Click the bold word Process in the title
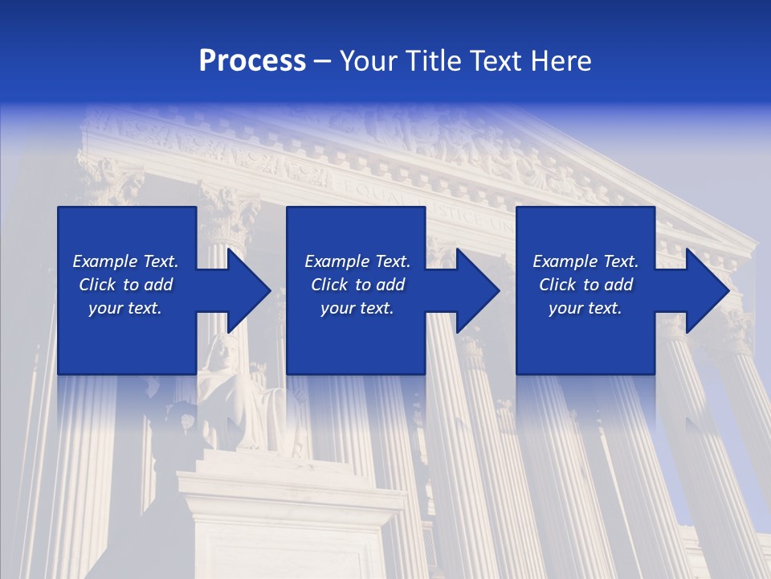pos(252,61)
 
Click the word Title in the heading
pos(430,61)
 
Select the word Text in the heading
pos(495,61)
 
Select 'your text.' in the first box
pos(125,308)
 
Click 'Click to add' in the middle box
pos(357,285)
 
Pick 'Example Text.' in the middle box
pos(357,261)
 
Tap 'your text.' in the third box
pos(585,308)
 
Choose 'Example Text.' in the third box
pos(585,261)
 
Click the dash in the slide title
pos(322,61)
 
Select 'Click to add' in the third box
pos(585,285)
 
